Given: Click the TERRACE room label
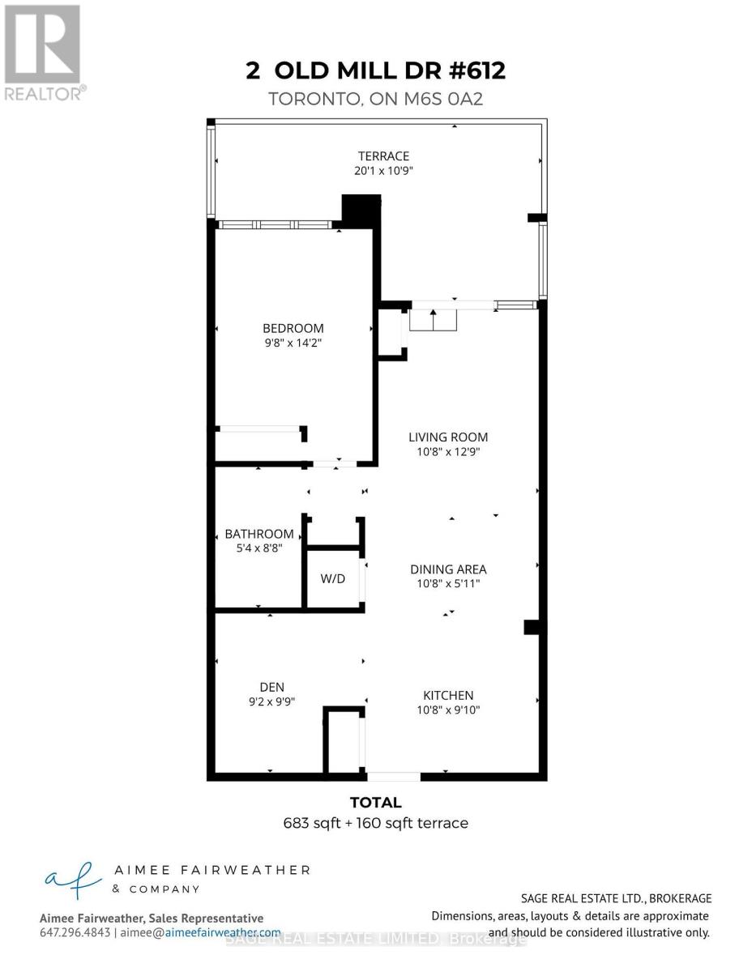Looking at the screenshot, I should coord(384,156).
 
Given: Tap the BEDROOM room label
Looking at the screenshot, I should coord(293,328).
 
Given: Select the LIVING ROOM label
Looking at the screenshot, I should coord(448,437).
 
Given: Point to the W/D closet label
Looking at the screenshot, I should coord(333,579).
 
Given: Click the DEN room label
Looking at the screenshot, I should coord(272,686).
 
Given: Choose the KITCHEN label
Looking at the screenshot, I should coord(448,695).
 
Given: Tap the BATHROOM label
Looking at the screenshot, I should coord(259,534).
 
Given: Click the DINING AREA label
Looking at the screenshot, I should coord(448,569).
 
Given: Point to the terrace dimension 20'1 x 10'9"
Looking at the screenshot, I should coord(384,171).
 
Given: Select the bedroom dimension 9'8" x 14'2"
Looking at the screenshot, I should coord(293,343).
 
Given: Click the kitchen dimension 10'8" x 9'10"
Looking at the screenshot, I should coord(448,710).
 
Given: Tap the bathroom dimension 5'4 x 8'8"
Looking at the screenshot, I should coord(259,548).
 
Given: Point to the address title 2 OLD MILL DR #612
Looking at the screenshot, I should coord(376,70).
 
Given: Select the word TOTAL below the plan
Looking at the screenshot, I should coord(375,803).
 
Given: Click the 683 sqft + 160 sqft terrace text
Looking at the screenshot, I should coord(376,823).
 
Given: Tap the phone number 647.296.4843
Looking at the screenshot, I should coord(74,933).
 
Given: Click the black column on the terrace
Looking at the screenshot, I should coord(361,211).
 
